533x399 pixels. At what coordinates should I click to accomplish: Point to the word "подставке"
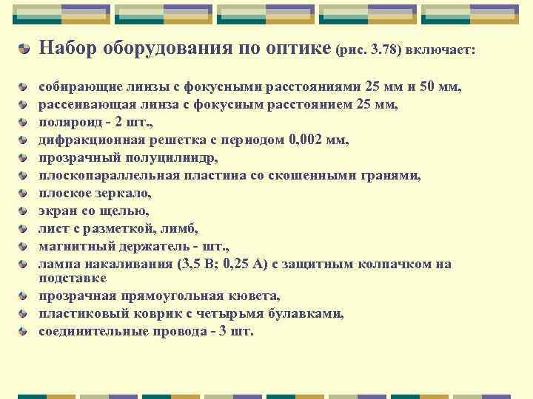click(73, 278)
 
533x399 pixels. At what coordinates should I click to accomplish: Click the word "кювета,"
click(255, 296)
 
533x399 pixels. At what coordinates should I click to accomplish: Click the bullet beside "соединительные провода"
click(25, 332)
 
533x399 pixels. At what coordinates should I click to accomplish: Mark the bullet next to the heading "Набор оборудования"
click(25, 50)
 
